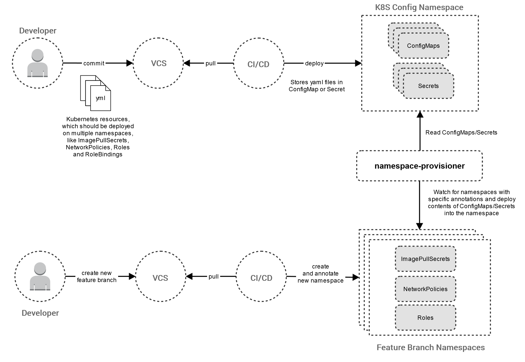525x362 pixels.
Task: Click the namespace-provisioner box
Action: [419, 166]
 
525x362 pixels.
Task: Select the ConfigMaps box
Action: [423, 46]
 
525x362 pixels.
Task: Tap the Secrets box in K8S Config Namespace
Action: [428, 86]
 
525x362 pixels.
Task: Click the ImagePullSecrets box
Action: [425, 259]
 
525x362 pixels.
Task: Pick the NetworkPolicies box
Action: [425, 289]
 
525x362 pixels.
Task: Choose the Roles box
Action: [425, 318]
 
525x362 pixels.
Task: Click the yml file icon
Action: [96, 93]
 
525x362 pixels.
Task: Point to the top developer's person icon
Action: [37, 63]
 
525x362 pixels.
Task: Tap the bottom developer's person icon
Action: [40, 276]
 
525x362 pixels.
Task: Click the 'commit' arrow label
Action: [94, 63]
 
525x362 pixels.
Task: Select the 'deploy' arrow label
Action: [314, 63]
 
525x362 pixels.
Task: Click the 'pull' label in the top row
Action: [211, 63]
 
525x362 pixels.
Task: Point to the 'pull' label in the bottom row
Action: [214, 277]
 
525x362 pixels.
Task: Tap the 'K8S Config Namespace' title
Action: [419, 7]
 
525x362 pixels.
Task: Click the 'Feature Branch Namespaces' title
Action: [431, 347]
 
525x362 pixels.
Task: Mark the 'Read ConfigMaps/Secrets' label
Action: [461, 132]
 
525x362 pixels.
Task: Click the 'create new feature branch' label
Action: [97, 277]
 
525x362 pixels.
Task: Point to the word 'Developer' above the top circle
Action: [38, 31]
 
